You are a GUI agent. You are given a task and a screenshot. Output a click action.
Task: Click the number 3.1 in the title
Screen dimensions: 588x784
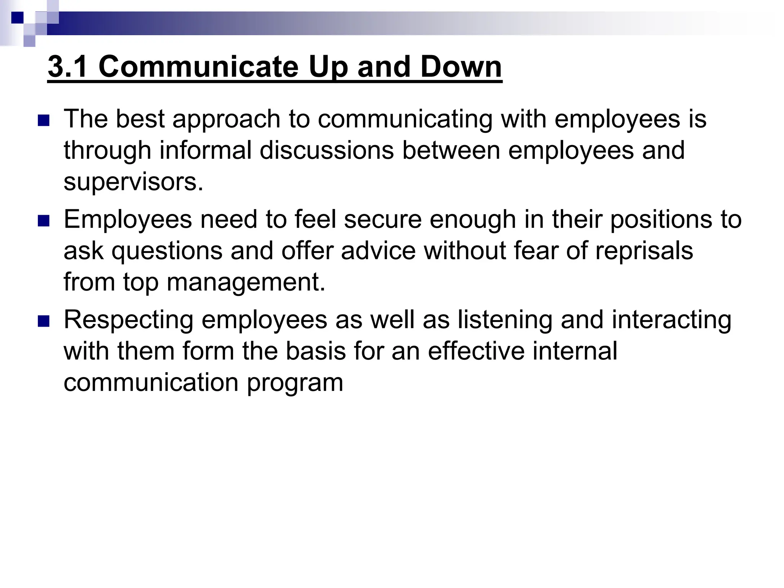click(x=69, y=67)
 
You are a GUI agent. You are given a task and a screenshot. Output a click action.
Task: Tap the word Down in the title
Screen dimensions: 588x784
click(x=461, y=67)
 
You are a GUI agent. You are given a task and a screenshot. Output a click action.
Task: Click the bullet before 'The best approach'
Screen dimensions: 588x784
click(x=44, y=121)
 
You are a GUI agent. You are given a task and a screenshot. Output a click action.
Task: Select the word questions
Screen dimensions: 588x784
click(x=167, y=252)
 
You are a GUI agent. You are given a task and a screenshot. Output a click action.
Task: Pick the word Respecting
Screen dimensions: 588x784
click(x=129, y=320)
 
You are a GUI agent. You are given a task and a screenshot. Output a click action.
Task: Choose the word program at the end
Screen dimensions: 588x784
click(x=295, y=383)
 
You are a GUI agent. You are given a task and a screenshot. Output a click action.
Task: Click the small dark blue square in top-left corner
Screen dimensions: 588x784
click(x=17, y=17)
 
